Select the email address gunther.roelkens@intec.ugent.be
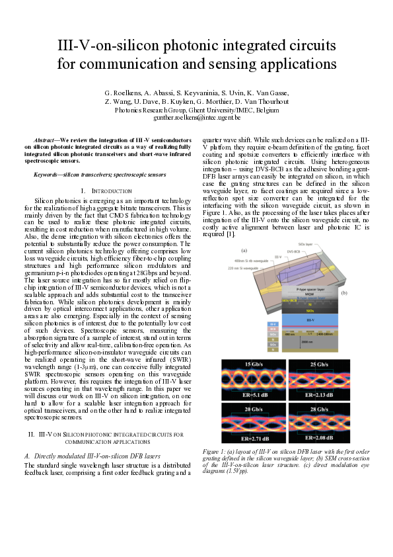(197, 116)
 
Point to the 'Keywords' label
(49, 175)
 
